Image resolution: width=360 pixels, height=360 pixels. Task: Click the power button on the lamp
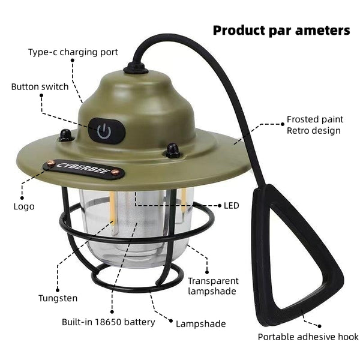point(104,131)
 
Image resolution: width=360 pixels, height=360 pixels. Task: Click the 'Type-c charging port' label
point(73,52)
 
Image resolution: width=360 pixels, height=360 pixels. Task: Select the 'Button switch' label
point(40,86)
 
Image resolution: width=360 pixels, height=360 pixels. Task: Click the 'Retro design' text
point(313,131)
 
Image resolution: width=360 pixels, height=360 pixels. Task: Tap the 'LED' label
point(232,206)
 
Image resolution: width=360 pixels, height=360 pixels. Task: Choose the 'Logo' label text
point(24,206)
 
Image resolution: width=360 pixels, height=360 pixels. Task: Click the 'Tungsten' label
point(58,298)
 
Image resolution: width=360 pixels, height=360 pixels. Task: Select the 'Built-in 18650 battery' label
point(109,322)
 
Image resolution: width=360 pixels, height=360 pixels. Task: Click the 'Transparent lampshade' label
point(213,286)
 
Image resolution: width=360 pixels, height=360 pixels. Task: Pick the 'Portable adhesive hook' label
point(308,337)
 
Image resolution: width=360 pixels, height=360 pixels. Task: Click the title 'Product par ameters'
point(281,30)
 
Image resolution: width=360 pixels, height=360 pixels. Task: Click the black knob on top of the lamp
point(136,68)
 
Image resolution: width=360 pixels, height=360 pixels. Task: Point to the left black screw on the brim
point(66,136)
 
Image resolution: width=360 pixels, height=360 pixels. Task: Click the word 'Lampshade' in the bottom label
point(201,324)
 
